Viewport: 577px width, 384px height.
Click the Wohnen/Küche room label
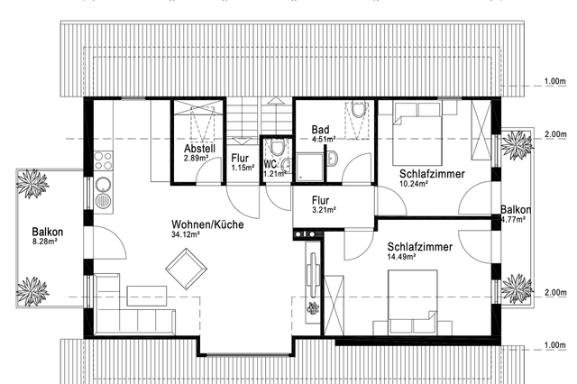(x=207, y=224)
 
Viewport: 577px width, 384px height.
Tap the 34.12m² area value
(x=186, y=234)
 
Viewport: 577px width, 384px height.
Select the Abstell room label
(x=200, y=149)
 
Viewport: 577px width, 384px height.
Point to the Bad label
(x=320, y=130)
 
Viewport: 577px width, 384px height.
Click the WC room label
(x=270, y=164)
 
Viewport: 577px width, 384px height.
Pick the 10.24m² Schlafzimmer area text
(x=414, y=183)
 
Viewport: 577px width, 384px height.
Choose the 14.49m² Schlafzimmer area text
(x=401, y=256)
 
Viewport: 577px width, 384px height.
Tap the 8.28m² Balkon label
(x=44, y=242)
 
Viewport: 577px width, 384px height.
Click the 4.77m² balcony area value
(x=513, y=220)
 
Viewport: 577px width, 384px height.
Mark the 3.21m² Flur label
(x=324, y=210)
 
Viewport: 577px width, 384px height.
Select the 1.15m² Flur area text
(x=243, y=168)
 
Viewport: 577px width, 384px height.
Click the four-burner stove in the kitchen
(x=103, y=160)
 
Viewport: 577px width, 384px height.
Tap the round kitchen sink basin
(x=103, y=184)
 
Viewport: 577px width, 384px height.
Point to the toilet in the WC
(x=276, y=148)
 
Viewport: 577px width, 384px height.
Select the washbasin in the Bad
(x=333, y=158)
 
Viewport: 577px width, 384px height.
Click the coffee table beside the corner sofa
(x=147, y=296)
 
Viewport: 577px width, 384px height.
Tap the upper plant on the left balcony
(x=32, y=183)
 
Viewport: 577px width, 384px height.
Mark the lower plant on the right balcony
(x=517, y=289)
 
